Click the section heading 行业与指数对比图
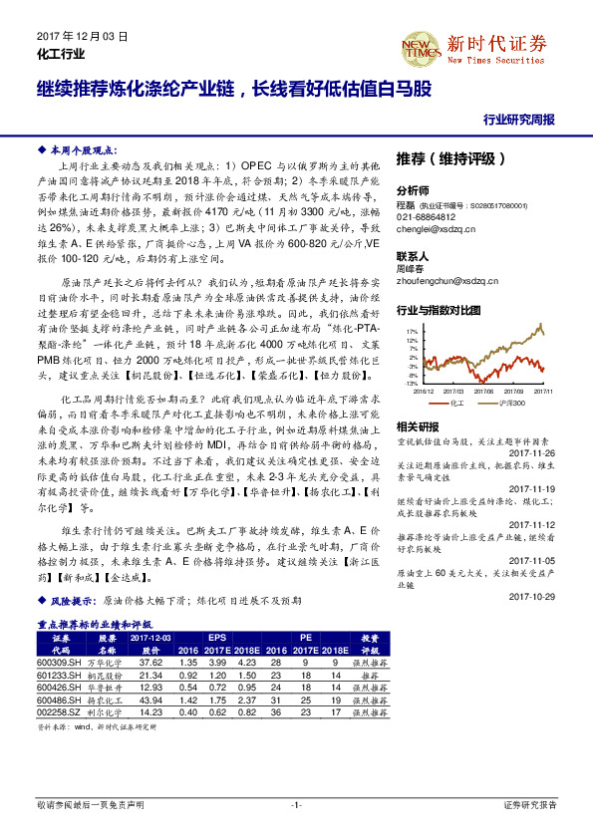click(x=440, y=310)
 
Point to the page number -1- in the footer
click(x=295, y=804)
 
